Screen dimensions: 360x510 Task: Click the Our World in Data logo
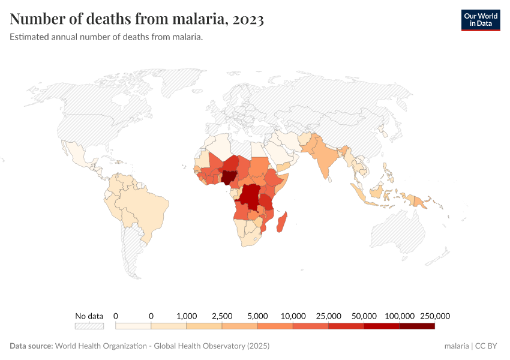[x=480, y=20]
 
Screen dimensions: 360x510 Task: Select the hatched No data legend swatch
[x=89, y=326]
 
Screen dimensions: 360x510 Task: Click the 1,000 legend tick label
[x=187, y=316]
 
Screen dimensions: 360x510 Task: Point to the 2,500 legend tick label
[x=222, y=316]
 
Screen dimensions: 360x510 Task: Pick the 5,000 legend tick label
[x=257, y=316]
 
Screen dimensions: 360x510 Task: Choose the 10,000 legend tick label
[x=293, y=316]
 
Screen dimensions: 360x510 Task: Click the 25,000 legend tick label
[x=328, y=316]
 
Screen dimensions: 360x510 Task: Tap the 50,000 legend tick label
[x=364, y=316]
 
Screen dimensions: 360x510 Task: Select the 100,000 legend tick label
[x=399, y=316]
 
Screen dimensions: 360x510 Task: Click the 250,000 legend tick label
[x=434, y=316]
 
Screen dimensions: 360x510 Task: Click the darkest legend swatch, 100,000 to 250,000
[x=416, y=326]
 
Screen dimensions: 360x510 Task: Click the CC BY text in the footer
[x=487, y=346]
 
